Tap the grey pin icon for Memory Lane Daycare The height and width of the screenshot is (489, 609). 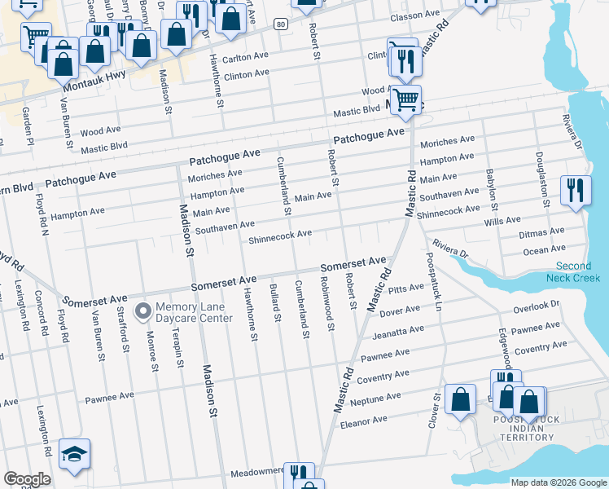click(143, 311)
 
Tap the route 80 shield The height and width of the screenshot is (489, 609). click(280, 24)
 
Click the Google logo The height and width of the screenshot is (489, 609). click(27, 480)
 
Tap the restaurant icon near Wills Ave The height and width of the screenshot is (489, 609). click(576, 192)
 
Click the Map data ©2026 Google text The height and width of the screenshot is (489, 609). click(558, 482)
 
